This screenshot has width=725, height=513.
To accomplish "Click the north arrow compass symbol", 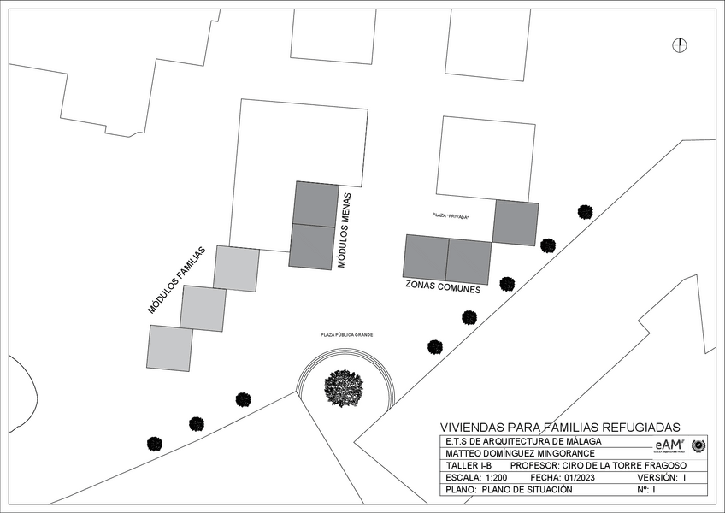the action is click(681, 44).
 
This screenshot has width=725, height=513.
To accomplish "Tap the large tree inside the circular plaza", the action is click(344, 388).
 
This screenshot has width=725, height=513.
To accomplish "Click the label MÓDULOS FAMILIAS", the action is click(178, 280).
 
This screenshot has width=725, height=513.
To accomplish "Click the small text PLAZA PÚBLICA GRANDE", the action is click(347, 335).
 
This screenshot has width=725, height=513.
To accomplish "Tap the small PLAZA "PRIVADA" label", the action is click(451, 215).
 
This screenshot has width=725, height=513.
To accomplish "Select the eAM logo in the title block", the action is click(669, 445).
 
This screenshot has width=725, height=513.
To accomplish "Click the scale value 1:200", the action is click(496, 477).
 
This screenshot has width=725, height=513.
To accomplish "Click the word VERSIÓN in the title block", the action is click(656, 477).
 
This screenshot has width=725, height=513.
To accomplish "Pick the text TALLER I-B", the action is click(469, 465).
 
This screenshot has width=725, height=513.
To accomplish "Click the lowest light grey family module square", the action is click(170, 348).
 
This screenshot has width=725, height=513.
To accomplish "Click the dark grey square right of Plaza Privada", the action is click(516, 222).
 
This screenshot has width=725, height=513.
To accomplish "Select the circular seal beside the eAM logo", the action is click(698, 445).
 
